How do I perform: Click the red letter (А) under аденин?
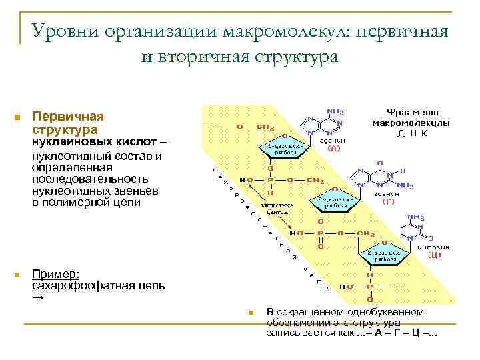coord(333,149)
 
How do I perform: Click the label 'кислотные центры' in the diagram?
coord(276,208)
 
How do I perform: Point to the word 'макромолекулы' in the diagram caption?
coord(410,123)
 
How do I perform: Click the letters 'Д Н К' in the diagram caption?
coord(411,133)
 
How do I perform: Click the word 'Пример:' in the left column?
coord(57,274)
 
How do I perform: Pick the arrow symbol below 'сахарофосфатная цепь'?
coord(38,298)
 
